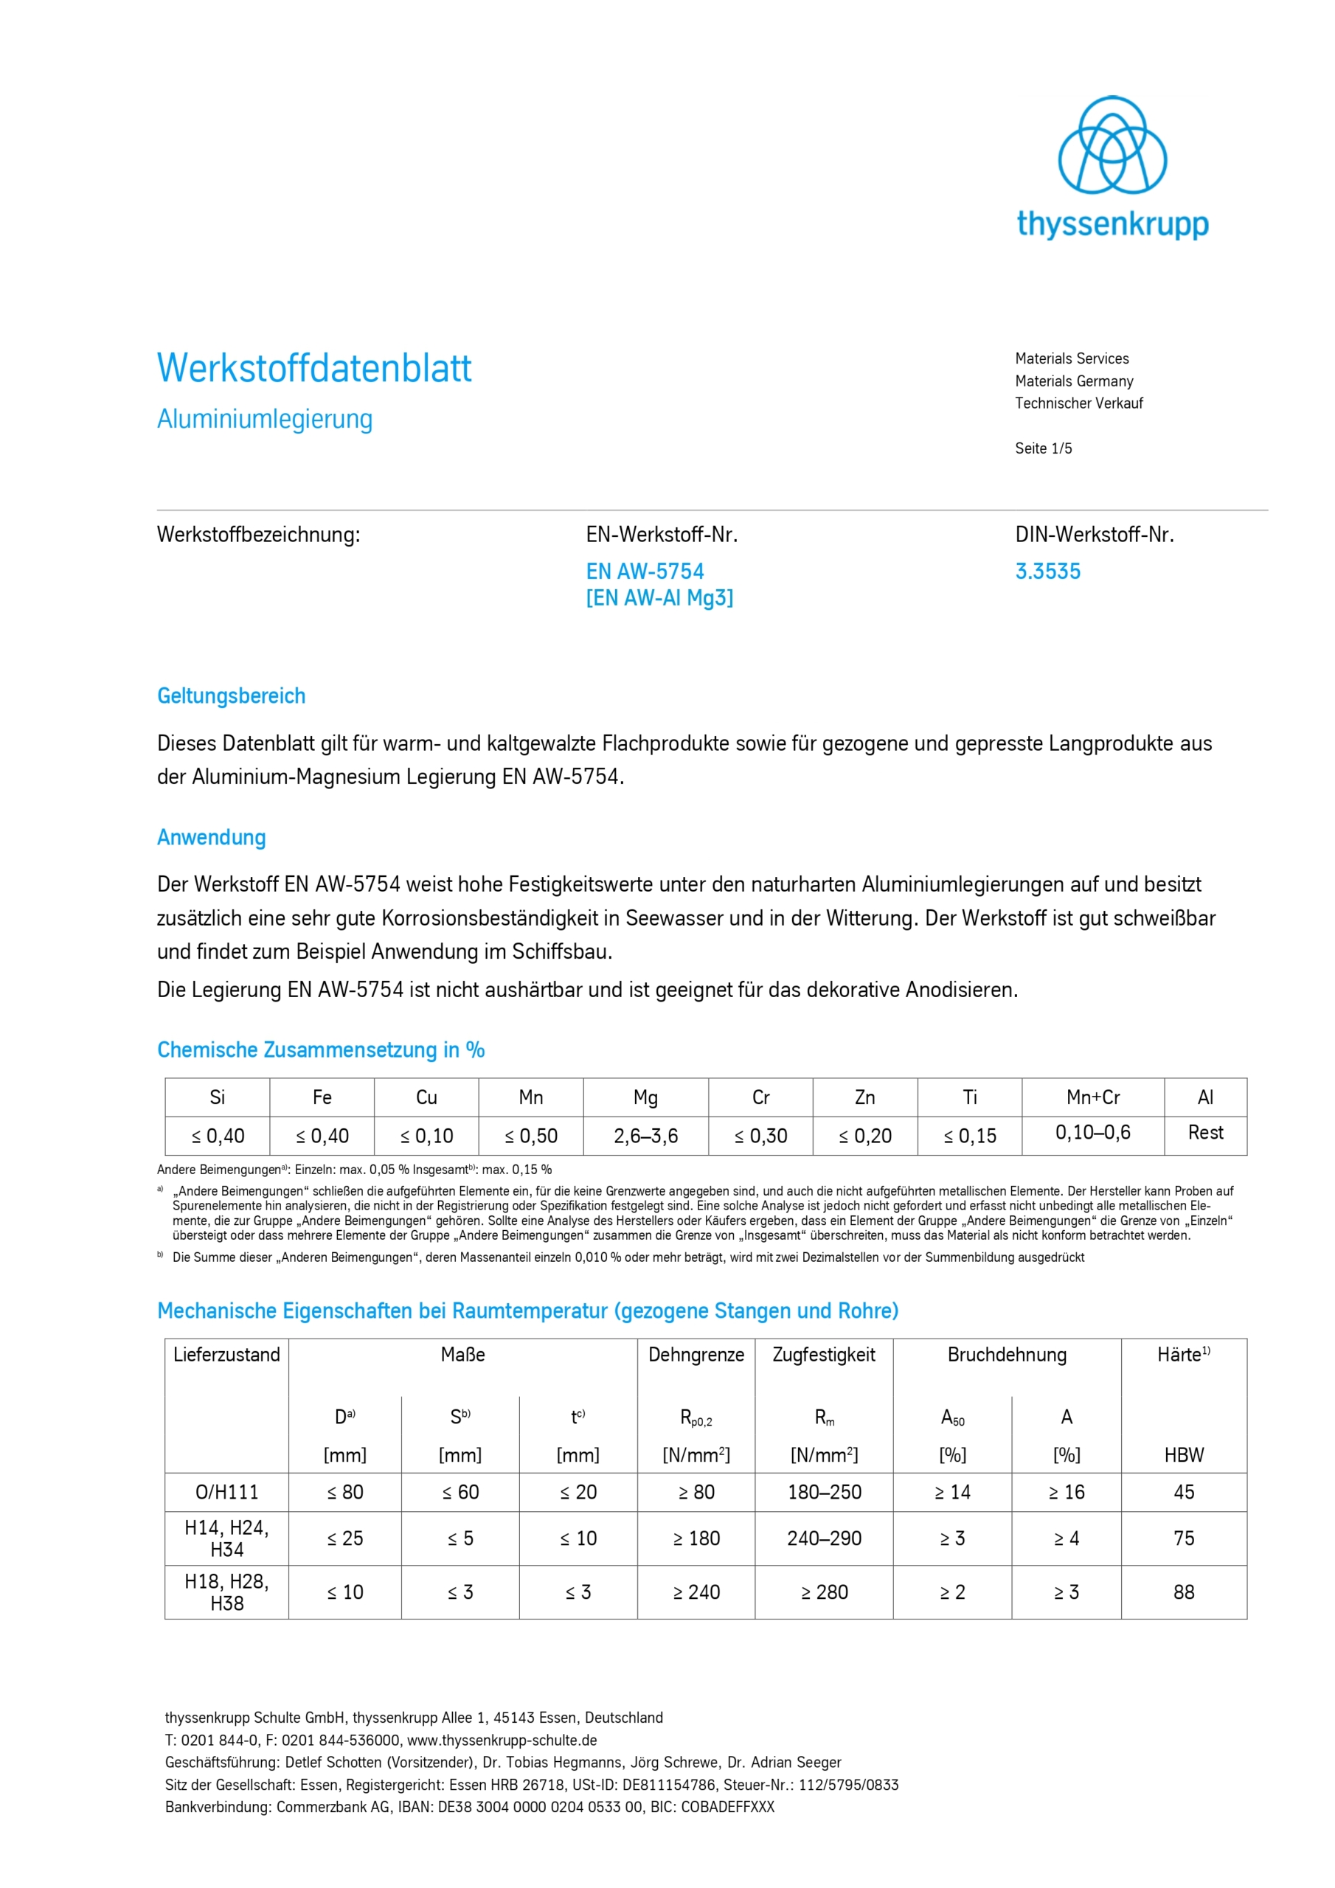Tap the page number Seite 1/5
1043,448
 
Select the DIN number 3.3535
1047,572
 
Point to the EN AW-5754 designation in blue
645,572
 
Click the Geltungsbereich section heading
231,695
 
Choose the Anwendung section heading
212,837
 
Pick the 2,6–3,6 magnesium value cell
645,1136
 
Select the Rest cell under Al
1205,1132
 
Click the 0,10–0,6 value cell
1092,1132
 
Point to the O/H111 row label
226,1492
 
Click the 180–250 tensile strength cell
824,1492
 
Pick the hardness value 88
1184,1592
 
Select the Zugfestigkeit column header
823,1354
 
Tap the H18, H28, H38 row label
226,1592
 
